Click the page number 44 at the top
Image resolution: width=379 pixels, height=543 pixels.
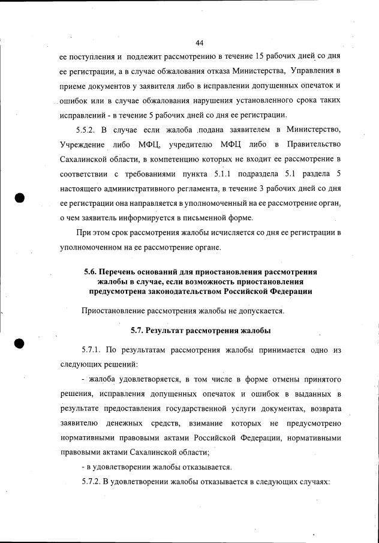click(200, 42)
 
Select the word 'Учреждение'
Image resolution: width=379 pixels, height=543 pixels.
click(83, 145)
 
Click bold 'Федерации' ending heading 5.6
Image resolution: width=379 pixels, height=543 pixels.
click(291, 291)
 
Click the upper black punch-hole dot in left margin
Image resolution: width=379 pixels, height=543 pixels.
click(20, 199)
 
